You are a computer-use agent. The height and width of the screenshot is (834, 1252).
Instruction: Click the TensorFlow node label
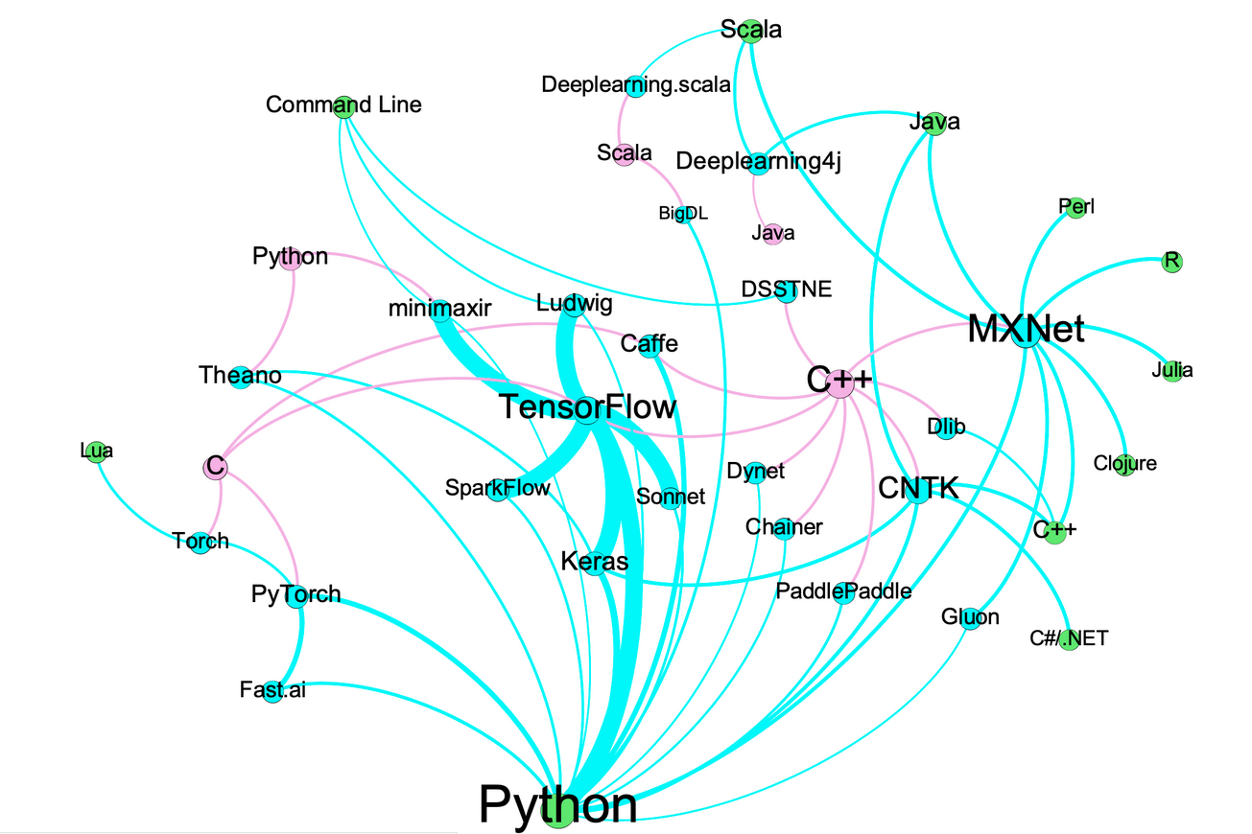pyautogui.click(x=587, y=408)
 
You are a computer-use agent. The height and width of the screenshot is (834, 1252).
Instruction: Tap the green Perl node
pyautogui.click(x=1075, y=207)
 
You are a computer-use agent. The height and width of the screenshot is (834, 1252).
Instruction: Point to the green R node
pyautogui.click(x=1170, y=262)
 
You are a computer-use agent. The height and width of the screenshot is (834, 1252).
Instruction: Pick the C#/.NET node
pyautogui.click(x=1069, y=639)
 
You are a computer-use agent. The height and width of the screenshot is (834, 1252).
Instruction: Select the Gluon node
pyautogui.click(x=971, y=618)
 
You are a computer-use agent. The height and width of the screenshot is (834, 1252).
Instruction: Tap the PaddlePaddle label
pyautogui.click(x=843, y=591)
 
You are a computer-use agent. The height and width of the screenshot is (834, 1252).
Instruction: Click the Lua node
pyautogui.click(x=95, y=452)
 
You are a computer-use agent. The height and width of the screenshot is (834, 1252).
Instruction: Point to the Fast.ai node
pyautogui.click(x=272, y=690)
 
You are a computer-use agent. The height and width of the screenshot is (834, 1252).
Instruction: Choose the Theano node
pyautogui.click(x=241, y=376)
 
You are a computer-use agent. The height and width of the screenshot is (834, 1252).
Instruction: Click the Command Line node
pyautogui.click(x=344, y=105)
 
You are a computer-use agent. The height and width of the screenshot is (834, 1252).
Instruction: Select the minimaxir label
pyautogui.click(x=440, y=309)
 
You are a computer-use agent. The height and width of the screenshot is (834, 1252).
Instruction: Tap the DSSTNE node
pyautogui.click(x=787, y=290)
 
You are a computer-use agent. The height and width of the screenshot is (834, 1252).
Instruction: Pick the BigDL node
pyautogui.click(x=683, y=214)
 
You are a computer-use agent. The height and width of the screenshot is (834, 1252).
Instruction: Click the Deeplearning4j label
pyautogui.click(x=758, y=161)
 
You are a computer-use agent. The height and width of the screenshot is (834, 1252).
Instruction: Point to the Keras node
pyautogui.click(x=595, y=562)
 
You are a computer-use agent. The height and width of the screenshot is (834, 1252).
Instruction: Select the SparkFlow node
pyautogui.click(x=498, y=489)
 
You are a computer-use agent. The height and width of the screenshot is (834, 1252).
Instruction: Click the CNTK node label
pyautogui.click(x=918, y=489)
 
